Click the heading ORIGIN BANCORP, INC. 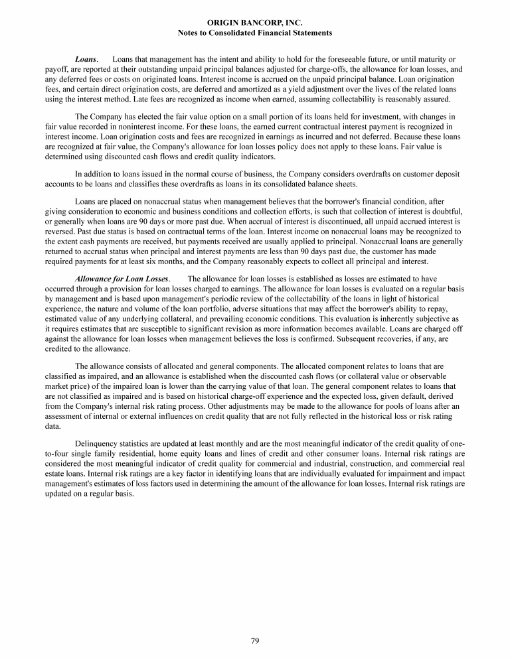pos(255,23)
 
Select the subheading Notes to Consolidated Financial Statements pos(255,33)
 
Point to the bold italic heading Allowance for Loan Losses pos(123,279)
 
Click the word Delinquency pos(98,442)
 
